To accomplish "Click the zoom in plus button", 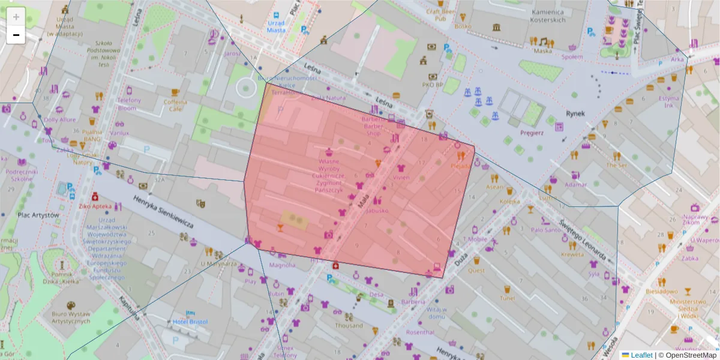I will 16,17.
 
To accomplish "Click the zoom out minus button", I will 16,35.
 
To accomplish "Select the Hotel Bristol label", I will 190,322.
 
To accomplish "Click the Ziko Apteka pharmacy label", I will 95,206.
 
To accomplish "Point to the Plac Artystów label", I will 38,215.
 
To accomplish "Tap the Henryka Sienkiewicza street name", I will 163,212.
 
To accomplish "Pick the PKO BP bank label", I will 432,85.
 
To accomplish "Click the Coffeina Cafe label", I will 175,106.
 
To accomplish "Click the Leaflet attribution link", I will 641,355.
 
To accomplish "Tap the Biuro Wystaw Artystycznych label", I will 71,317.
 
